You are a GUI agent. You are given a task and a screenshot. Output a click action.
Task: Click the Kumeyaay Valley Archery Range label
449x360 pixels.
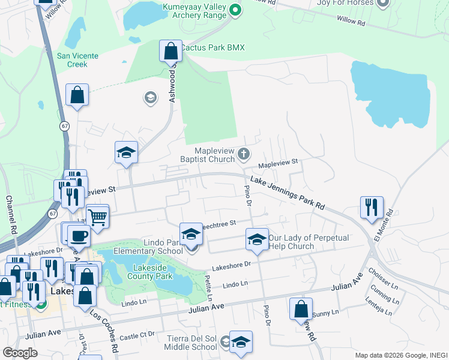[x=193, y=14]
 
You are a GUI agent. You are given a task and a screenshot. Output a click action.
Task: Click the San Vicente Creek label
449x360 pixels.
[x=72, y=60]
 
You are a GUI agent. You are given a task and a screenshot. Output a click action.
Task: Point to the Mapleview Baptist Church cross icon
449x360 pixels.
[x=244, y=154]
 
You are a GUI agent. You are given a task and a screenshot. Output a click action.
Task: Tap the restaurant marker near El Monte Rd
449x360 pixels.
[x=372, y=207]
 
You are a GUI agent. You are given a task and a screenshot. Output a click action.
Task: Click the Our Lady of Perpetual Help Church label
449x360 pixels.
[x=308, y=242]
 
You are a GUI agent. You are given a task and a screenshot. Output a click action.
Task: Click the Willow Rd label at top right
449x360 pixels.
[x=351, y=22]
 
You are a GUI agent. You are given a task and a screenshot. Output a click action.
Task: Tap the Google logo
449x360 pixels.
[x=20, y=353]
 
